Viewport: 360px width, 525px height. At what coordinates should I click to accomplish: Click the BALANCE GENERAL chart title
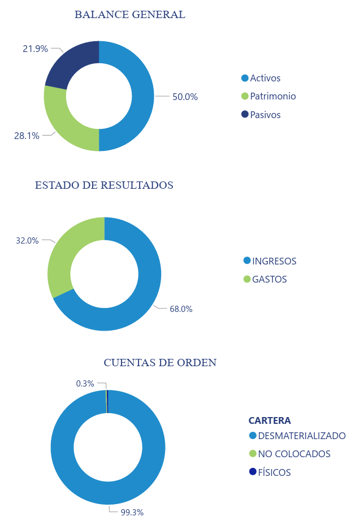[129, 15]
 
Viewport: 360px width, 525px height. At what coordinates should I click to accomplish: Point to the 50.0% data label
[185, 97]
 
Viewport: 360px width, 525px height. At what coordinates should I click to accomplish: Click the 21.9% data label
[35, 49]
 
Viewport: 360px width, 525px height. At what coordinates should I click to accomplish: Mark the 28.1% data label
[27, 136]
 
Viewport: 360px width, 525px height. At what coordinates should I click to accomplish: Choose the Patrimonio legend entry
[272, 97]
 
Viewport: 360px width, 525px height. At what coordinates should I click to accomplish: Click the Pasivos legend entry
[265, 115]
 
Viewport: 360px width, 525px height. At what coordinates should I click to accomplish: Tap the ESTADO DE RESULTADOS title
[104, 185]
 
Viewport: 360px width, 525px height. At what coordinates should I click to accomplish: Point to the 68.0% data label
[181, 309]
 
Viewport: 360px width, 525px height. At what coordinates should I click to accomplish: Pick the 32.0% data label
[27, 240]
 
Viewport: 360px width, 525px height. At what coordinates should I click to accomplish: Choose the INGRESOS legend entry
[274, 261]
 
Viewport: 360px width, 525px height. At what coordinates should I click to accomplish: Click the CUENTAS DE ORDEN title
[160, 363]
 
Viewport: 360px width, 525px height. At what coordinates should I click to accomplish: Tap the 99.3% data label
[132, 513]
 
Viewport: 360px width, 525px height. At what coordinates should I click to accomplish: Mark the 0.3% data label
[85, 384]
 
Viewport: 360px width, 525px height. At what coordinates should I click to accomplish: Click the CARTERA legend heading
[270, 420]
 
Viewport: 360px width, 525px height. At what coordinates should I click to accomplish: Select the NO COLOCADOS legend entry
[294, 454]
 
